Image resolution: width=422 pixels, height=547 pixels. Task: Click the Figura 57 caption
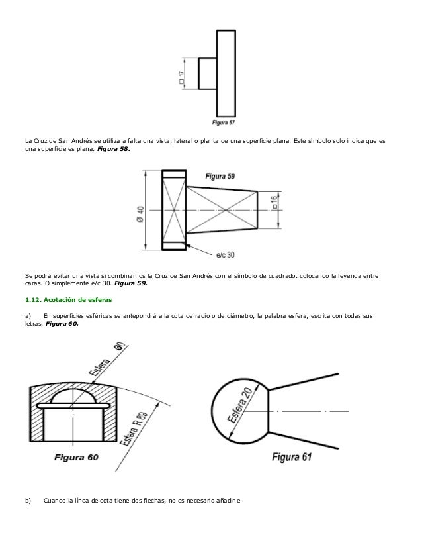[x=224, y=122]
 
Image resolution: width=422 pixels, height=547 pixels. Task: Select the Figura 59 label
[x=220, y=176]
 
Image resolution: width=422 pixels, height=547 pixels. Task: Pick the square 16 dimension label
[x=273, y=201]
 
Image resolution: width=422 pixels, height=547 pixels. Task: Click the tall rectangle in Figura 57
[x=226, y=72]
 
